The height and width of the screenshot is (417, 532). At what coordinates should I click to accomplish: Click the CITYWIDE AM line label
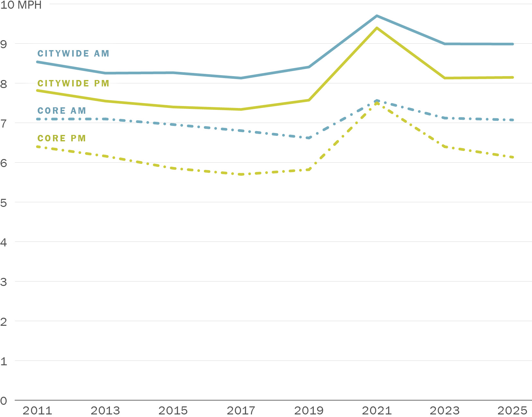73,53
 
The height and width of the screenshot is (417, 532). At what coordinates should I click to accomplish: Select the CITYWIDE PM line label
73,83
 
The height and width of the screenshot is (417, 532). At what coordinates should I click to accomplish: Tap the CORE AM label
62,111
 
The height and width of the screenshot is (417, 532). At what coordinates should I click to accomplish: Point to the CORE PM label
62,138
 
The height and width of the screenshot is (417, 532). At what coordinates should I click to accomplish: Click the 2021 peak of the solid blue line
377,16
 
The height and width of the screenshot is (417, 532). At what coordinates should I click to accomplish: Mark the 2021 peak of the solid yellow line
377,28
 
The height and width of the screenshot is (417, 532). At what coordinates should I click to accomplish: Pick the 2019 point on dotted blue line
309,138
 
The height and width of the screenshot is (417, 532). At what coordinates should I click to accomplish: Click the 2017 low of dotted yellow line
241,174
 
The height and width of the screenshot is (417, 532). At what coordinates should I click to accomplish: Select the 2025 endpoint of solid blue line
512,44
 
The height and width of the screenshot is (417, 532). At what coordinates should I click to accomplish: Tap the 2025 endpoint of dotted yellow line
513,157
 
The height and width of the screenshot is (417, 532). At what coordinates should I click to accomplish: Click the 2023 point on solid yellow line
445,78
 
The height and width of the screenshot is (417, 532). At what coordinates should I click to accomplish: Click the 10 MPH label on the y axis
21,5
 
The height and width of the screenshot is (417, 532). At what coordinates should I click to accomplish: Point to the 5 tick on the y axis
4,203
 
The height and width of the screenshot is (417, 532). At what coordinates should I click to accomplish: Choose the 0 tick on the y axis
4,401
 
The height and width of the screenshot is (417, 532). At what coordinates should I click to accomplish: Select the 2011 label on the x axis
37,411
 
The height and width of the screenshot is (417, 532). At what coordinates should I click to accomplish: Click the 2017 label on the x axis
241,411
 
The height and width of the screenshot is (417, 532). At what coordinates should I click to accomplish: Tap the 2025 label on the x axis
512,411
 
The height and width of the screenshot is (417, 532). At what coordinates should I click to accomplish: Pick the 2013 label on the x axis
105,411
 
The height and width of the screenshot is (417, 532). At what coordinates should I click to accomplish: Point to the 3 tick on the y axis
4,282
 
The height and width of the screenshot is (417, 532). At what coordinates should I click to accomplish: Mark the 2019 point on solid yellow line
309,100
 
